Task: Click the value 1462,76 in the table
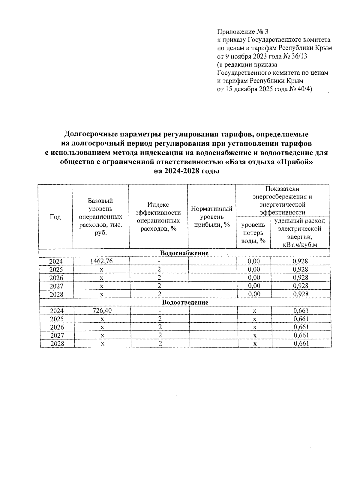coord(101,261)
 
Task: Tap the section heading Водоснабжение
coord(184,253)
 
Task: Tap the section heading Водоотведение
coord(185,302)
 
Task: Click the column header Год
coord(55,217)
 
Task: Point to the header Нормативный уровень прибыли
coord(211,217)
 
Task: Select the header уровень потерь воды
coord(253,233)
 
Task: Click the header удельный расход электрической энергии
coord(300,233)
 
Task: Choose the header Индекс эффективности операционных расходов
coord(158,217)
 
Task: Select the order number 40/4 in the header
coord(303,89)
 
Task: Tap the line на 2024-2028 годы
coord(186,172)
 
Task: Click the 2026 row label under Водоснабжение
coord(56,278)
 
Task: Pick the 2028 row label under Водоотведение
coord(57,344)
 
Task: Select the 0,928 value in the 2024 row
coord(300,261)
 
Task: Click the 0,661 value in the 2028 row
coord(301,344)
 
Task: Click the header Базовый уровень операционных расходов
coord(100,217)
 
